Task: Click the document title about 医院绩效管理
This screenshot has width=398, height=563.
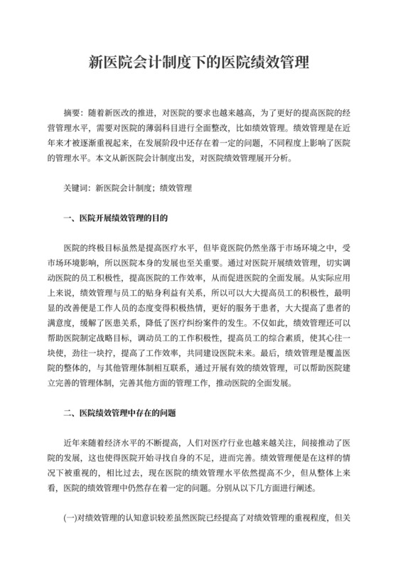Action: click(198, 62)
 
